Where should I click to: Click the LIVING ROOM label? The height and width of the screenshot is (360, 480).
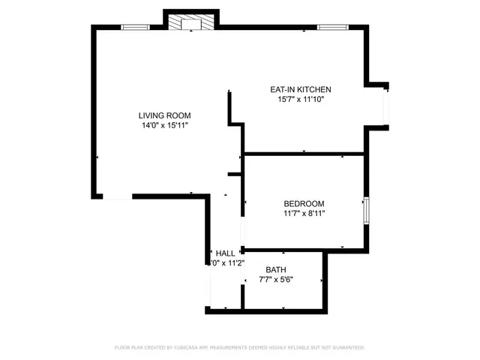point(164,115)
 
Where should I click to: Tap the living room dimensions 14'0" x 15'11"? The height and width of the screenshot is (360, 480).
point(164,126)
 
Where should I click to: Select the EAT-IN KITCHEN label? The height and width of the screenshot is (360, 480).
point(300,89)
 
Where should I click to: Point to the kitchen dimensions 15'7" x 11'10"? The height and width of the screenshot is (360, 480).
point(300,99)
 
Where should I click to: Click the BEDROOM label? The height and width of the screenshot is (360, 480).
point(303,204)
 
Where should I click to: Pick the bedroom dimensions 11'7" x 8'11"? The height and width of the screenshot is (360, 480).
point(303,214)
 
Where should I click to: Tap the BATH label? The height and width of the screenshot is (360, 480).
point(276,269)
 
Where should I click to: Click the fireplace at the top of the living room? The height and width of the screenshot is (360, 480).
point(192,23)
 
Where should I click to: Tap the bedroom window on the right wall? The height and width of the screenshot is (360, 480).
point(366,211)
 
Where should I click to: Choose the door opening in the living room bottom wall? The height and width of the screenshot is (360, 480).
point(117,196)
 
